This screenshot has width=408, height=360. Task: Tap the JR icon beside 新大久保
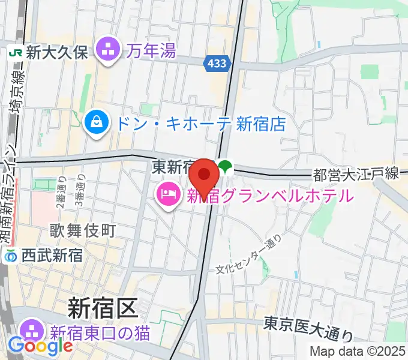tap(15, 52)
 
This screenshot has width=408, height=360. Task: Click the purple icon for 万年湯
tap(109, 50)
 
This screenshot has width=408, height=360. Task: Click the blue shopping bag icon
tap(96, 124)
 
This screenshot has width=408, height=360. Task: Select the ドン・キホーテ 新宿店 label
tap(200, 124)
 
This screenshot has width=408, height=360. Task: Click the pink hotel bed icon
tap(166, 196)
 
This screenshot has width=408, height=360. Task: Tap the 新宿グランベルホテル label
tap(268, 196)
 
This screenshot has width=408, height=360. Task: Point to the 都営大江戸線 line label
tap(356, 175)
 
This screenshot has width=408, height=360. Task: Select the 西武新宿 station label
tap(52, 256)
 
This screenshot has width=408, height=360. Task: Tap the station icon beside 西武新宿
tap(10, 257)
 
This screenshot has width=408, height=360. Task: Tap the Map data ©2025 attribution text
tap(358, 351)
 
